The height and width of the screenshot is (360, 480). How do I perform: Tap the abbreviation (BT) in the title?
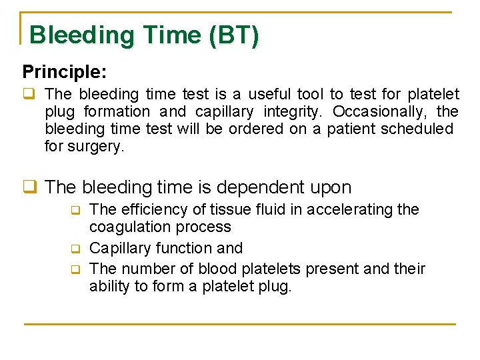point(233,35)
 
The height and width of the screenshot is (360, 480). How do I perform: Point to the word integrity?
point(294,111)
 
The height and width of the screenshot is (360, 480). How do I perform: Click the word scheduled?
point(417,129)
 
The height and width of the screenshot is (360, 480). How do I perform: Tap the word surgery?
point(96,146)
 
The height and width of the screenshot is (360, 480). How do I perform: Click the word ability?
point(109,287)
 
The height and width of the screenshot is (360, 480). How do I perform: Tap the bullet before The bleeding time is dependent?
point(29,188)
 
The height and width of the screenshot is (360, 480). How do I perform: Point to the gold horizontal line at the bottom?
point(240,324)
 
